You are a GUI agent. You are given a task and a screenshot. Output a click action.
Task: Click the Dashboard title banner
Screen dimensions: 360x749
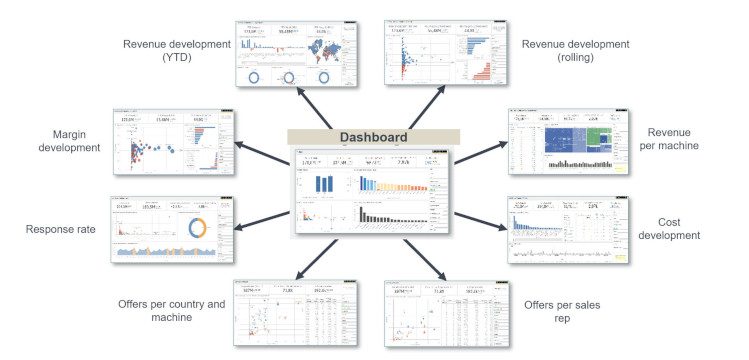(373, 137)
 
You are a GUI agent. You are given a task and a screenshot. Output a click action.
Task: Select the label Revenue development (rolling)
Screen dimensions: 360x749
(574, 51)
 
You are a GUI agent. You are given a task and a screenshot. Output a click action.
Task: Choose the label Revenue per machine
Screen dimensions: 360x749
(670, 140)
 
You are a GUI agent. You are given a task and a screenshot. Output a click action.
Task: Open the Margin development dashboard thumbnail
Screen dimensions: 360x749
(172, 139)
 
